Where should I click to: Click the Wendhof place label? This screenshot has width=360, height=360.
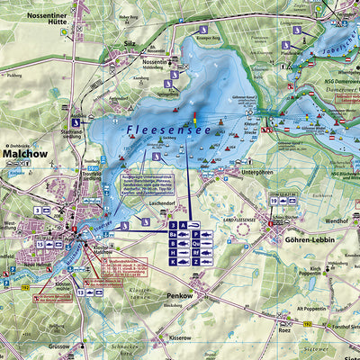click(x=337, y=220)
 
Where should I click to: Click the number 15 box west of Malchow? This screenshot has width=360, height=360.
click(x=40, y=244)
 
